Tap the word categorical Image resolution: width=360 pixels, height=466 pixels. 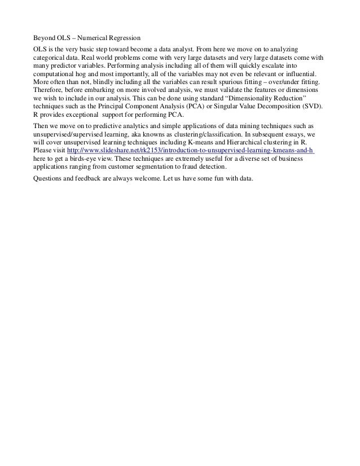pos(50,58)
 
